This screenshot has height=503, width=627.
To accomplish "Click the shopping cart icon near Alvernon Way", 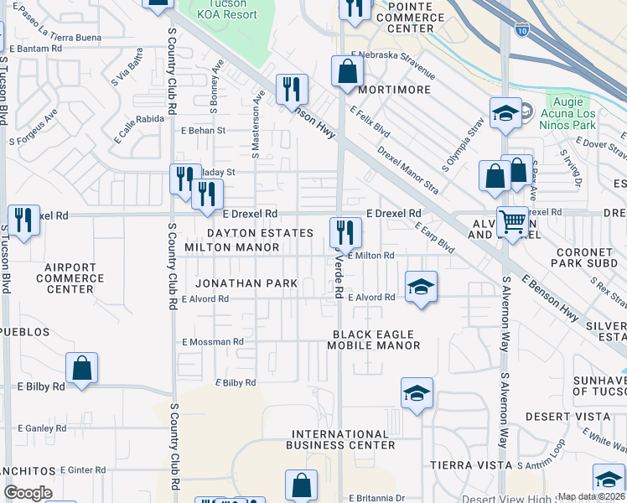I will [512, 222].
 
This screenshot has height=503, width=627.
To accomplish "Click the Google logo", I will [28, 493].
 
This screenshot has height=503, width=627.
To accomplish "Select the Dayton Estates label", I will [261, 233].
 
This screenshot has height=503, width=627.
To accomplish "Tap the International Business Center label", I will [340, 439].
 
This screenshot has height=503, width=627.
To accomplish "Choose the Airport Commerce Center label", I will [70, 278].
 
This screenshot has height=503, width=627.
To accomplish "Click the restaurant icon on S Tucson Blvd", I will [23, 220].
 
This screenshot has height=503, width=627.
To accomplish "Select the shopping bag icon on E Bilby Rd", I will [81, 367].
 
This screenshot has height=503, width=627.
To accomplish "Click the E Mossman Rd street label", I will [212, 342].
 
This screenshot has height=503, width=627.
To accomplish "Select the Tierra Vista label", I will [470, 464].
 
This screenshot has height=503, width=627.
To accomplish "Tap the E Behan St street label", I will [204, 131].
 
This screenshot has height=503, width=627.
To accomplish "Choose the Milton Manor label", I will [232, 247].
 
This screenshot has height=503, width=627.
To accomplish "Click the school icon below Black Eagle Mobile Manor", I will [417, 393].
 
